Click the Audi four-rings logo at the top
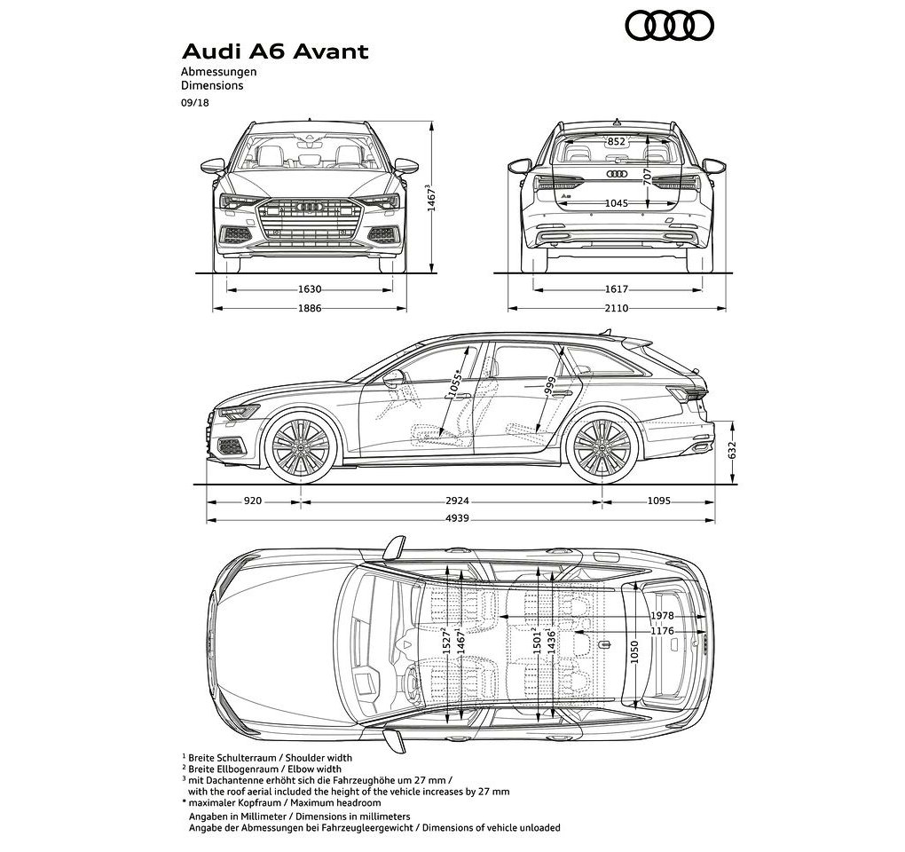pyautogui.click(x=670, y=27)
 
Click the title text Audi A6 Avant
pyautogui.click(x=275, y=51)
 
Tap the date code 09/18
pyautogui.click(x=194, y=103)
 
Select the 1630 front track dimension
pyautogui.click(x=310, y=289)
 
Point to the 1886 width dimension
pyautogui.click(x=310, y=308)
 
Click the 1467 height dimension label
pyautogui.click(x=429, y=198)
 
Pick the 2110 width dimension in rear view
pyautogui.click(x=617, y=308)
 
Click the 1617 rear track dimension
pyautogui.click(x=617, y=289)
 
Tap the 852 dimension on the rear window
pyautogui.click(x=617, y=141)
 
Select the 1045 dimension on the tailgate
pyautogui.click(x=617, y=203)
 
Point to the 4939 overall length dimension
pyautogui.click(x=457, y=519)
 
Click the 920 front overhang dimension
pyautogui.click(x=253, y=501)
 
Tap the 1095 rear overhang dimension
pyautogui.click(x=658, y=501)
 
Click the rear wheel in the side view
pyautogui.click(x=602, y=448)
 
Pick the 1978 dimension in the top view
pyautogui.click(x=662, y=616)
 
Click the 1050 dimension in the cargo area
pyautogui.click(x=634, y=651)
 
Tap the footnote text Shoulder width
pyautogui.click(x=319, y=758)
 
